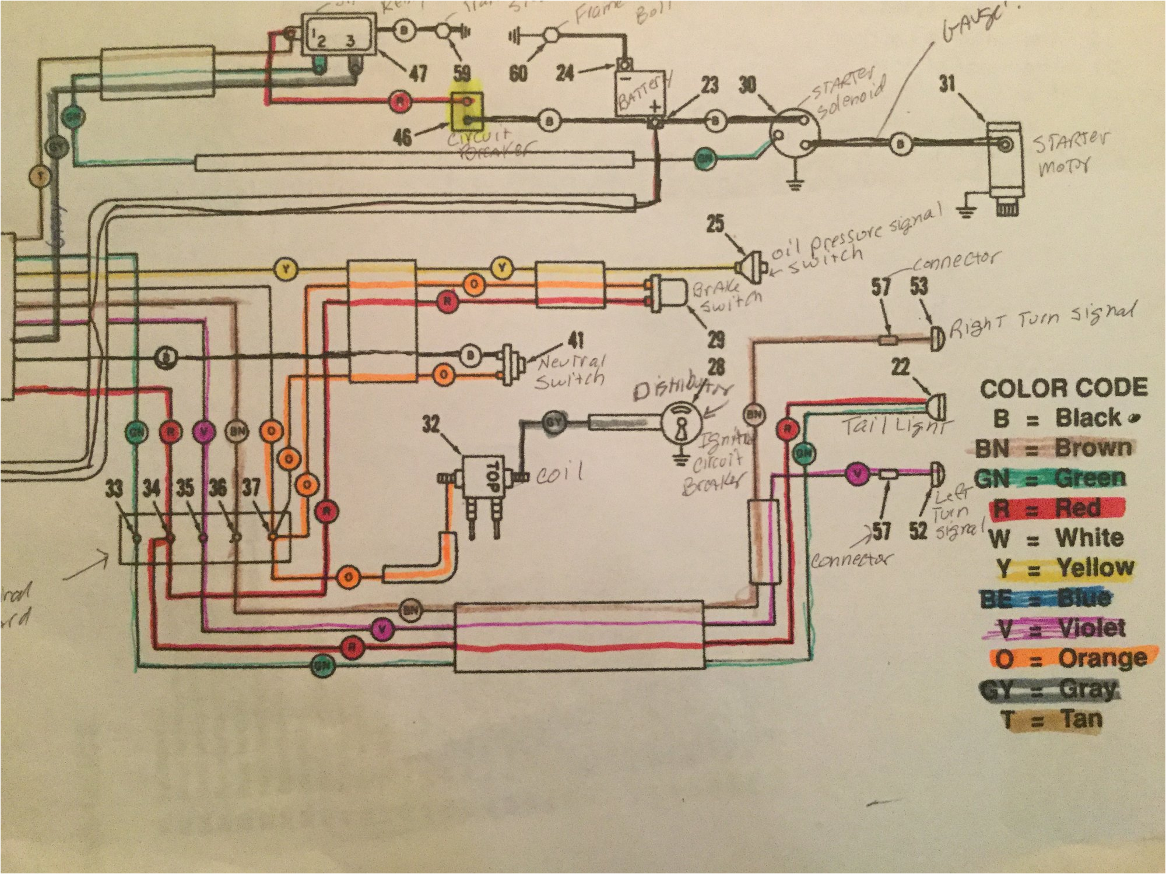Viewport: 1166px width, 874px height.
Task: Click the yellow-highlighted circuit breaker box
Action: pyautogui.click(x=466, y=111)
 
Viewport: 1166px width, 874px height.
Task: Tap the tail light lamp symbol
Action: pyautogui.click(x=936, y=406)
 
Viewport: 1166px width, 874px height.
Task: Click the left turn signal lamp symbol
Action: pyautogui.click(x=936, y=474)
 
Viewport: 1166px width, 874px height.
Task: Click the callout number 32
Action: pyautogui.click(x=431, y=424)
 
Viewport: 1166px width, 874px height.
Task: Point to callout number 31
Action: pyautogui.click(x=947, y=84)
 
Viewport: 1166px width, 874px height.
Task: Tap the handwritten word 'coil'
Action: pyautogui.click(x=559, y=473)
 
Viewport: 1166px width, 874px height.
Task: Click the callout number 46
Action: pyautogui.click(x=402, y=138)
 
